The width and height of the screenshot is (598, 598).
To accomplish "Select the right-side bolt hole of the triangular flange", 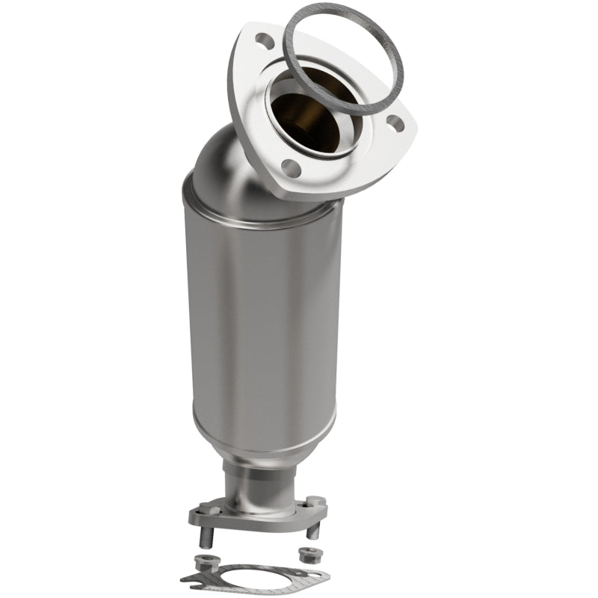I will click(395, 123).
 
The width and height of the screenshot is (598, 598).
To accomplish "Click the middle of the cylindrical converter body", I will click(262, 321).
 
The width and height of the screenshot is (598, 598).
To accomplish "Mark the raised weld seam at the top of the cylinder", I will click(254, 211).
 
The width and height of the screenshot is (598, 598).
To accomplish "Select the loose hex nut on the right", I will click(309, 555).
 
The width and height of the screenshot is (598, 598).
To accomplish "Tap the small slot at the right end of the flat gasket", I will click(315, 575).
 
